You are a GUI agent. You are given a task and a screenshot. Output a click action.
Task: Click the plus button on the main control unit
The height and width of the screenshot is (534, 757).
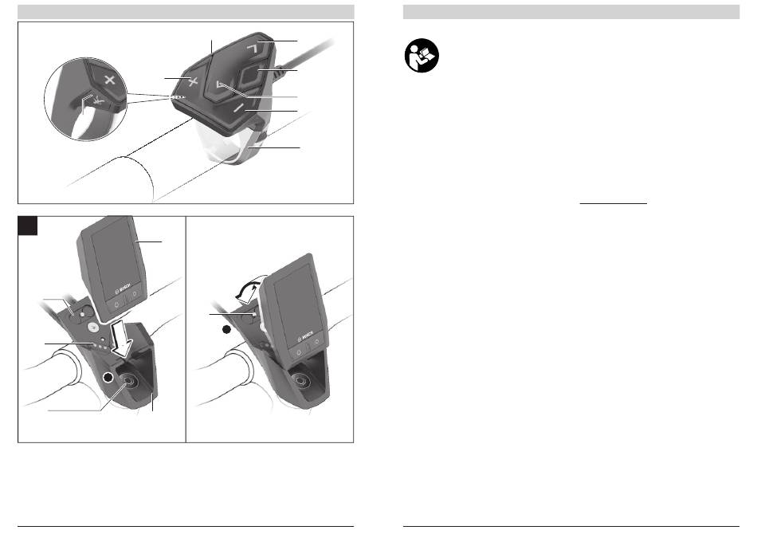point(193,82)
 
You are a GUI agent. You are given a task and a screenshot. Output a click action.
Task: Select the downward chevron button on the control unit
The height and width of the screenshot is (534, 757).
point(220,86)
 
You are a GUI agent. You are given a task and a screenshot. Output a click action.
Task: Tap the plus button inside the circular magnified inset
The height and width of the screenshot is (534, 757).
point(109,80)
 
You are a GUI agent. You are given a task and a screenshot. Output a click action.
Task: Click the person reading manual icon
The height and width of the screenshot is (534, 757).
point(422,56)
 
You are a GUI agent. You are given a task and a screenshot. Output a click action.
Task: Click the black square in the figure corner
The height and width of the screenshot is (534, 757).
point(28,226)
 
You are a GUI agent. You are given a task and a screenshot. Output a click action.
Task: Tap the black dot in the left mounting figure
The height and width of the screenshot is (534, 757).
point(109,377)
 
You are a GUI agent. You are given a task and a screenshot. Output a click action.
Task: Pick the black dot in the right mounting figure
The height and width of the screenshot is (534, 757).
point(227,329)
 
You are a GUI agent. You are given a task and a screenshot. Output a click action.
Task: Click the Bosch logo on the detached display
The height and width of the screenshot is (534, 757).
point(124,289)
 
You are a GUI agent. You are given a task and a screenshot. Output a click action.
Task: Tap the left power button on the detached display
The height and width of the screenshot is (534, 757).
point(116,305)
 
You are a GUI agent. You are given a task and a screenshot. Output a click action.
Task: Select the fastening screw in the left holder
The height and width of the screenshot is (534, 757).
point(129,382)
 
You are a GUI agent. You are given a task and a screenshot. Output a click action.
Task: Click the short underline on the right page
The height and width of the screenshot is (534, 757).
point(613,204)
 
